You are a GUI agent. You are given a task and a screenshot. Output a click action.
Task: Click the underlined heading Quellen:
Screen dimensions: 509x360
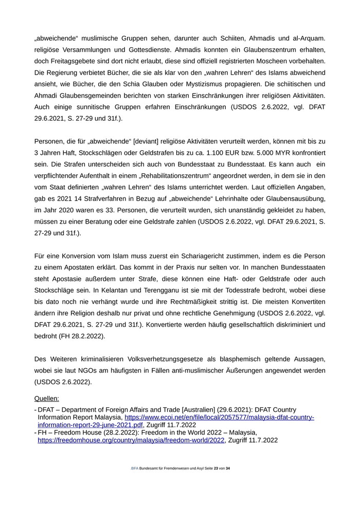click(46, 398)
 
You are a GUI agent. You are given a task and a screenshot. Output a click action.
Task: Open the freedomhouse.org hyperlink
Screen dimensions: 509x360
click(131, 440)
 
